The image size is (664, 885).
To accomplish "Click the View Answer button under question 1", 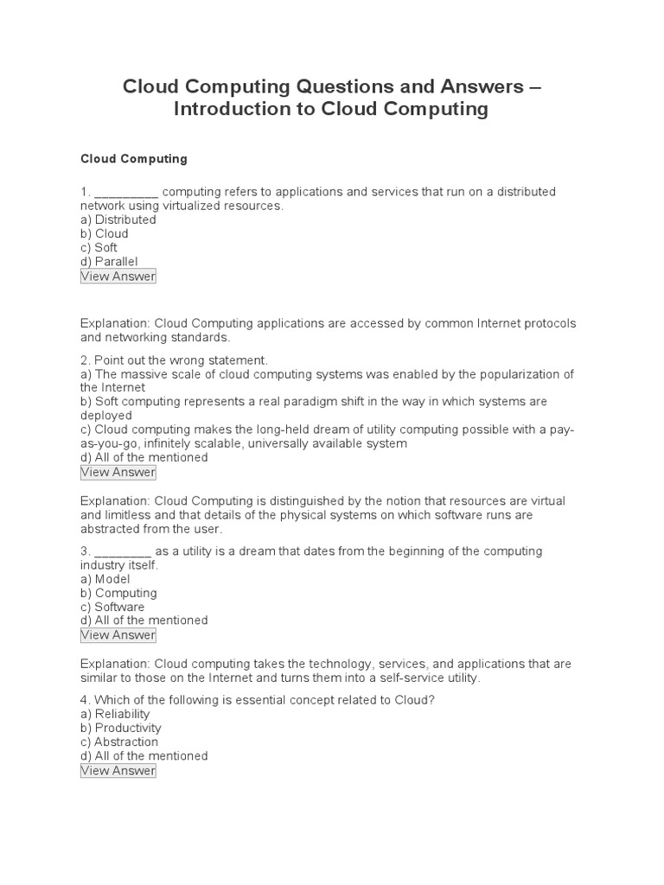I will click(x=118, y=277).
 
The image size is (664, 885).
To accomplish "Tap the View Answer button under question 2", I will click(x=118, y=472).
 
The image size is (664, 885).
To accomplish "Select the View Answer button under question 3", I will click(x=118, y=635).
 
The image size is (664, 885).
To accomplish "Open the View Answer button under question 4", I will click(x=118, y=771).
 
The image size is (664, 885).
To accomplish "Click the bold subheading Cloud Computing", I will click(x=133, y=159).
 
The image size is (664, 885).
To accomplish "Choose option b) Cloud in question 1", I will click(x=104, y=233).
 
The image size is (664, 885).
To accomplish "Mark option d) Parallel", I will click(x=109, y=261).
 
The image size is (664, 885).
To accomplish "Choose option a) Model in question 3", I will click(x=105, y=579).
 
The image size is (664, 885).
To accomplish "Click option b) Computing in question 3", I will click(x=118, y=593).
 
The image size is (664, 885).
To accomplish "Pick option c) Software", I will click(x=112, y=607).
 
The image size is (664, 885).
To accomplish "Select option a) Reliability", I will click(x=115, y=714).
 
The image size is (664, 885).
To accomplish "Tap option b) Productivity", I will click(x=120, y=728).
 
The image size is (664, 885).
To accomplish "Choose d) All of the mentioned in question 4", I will click(x=144, y=755).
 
